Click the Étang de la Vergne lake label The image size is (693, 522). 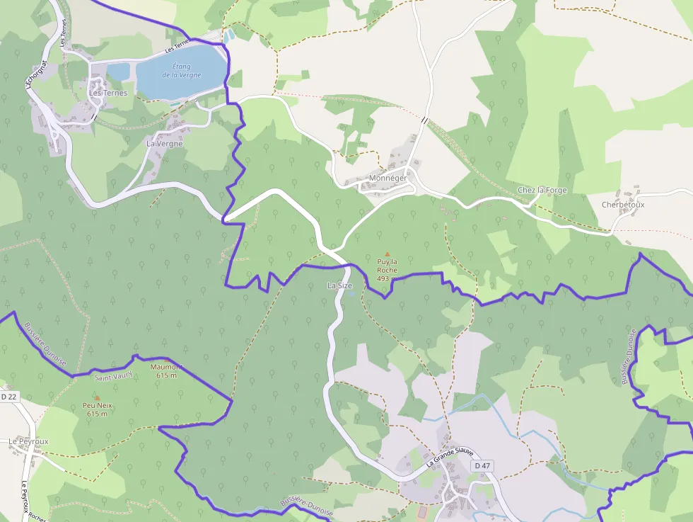(x=181, y=70)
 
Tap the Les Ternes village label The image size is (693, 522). (x=107, y=93)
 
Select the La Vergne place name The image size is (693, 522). (x=164, y=144)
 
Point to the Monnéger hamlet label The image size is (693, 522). (x=388, y=178)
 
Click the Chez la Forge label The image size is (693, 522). (x=542, y=190)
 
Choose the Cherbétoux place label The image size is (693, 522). (x=622, y=205)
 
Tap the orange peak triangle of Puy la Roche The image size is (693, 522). (x=387, y=254)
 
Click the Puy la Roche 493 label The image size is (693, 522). (x=387, y=270)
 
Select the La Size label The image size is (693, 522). (x=339, y=285)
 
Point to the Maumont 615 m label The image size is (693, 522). (x=165, y=370)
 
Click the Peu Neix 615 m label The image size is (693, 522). (x=97, y=409)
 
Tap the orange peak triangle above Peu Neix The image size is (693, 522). (x=97, y=398)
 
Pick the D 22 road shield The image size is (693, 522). (x=8, y=397)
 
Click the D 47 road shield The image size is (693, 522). (x=482, y=465)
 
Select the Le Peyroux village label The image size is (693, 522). (x=28, y=441)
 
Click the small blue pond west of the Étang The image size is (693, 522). (x=119, y=72)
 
